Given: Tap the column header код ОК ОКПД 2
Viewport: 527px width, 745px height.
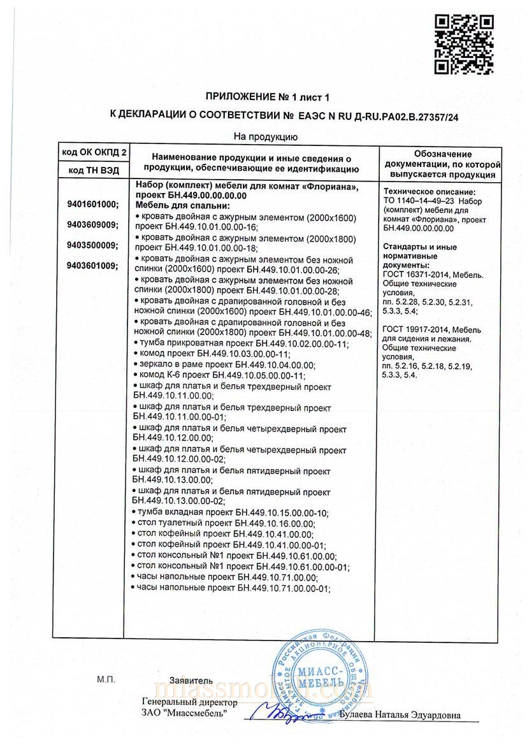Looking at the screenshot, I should pos(94,153).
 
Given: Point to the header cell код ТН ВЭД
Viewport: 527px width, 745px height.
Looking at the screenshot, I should pos(94,170).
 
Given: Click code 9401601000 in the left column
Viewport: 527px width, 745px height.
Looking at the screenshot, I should pos(92,205).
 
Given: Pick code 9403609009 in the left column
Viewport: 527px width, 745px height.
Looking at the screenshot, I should pos(92,224).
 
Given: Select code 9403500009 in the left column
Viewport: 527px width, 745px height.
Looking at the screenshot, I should pos(92,245).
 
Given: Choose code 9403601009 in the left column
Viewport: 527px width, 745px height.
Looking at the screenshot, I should pos(92,266).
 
